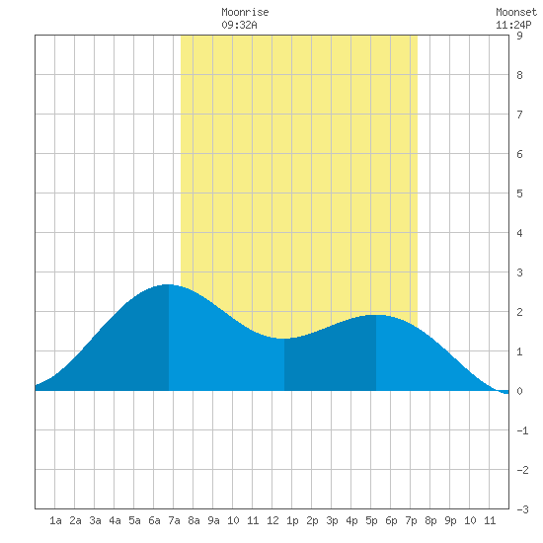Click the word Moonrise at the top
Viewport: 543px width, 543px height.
pyautogui.click(x=245, y=12)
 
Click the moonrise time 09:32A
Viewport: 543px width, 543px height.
pyautogui.click(x=239, y=25)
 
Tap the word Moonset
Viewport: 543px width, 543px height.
pyautogui.click(x=516, y=12)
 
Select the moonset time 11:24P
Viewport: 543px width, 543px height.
pyautogui.click(x=513, y=25)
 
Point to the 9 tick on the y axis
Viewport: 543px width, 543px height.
pyautogui.click(x=519, y=36)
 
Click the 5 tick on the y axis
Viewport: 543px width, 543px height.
pyautogui.click(x=519, y=194)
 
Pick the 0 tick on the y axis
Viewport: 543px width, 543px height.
pyautogui.click(x=519, y=391)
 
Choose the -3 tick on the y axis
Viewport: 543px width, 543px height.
pyautogui.click(x=522, y=509)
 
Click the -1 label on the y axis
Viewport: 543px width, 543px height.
pyautogui.click(x=522, y=430)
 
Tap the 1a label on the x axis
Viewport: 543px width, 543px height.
pyautogui.click(x=55, y=520)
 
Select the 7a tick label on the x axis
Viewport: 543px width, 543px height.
pyautogui.click(x=174, y=520)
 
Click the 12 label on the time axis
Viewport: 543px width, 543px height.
pyautogui.click(x=272, y=520)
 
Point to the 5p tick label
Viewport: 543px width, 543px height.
pyautogui.click(x=371, y=520)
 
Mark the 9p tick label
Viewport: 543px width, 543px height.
pyautogui.click(x=450, y=520)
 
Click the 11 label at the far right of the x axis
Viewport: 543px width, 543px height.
pyautogui.click(x=490, y=520)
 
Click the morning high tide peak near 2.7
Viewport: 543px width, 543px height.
pyautogui.click(x=168, y=284)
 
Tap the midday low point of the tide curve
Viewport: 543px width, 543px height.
pyautogui.click(x=284, y=339)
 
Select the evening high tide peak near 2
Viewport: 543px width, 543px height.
pyautogui.click(x=376, y=315)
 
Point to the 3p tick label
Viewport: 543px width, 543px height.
pyautogui.click(x=332, y=520)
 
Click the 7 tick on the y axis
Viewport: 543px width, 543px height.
pyautogui.click(x=519, y=115)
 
